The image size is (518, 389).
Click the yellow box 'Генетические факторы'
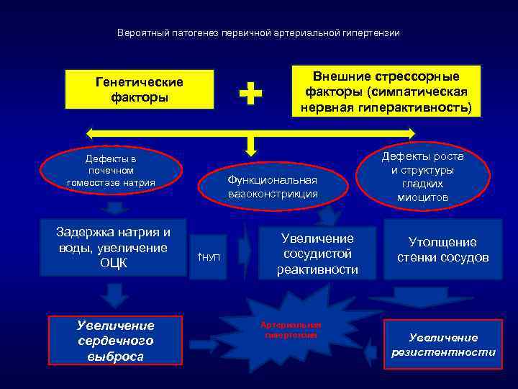tap(140, 89)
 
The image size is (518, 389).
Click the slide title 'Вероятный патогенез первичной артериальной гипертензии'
tap(258, 33)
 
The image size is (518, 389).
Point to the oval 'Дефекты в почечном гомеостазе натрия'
tap(111, 171)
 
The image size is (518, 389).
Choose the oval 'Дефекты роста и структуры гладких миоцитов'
tap(423, 176)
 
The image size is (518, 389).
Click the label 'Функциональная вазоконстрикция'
tap(273, 187)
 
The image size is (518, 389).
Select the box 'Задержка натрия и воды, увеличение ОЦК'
tap(114, 247)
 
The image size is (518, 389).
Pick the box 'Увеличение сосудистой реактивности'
tap(317, 254)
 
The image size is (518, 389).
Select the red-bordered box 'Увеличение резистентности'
tap(443, 344)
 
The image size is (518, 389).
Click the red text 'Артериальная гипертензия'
tap(292, 330)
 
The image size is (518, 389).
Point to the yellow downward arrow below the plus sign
tap(250, 146)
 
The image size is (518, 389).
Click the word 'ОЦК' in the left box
tap(114, 263)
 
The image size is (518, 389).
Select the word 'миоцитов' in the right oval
tap(423, 197)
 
